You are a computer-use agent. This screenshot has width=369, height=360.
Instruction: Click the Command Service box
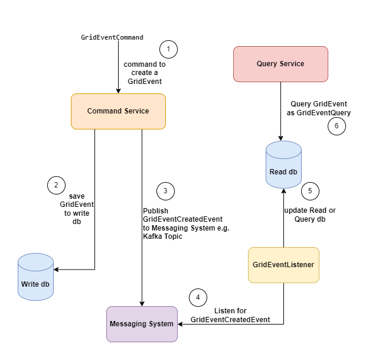click(118, 111)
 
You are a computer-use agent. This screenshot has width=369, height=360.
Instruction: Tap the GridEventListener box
click(283, 265)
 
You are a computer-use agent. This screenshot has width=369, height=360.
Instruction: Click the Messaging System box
click(142, 323)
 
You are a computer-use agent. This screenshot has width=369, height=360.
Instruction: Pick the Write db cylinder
click(35, 277)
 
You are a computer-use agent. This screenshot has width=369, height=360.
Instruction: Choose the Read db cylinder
click(283, 165)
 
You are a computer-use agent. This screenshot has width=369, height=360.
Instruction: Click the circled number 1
click(168, 49)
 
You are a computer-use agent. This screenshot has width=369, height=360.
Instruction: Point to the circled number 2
click(56, 185)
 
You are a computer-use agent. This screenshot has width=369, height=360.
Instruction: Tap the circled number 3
click(165, 191)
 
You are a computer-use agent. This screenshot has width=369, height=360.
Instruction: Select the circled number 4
click(198, 297)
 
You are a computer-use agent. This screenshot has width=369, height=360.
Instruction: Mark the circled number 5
click(310, 191)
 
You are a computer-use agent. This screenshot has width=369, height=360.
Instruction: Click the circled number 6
click(337, 126)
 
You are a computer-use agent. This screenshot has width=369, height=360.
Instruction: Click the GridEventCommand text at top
click(112, 37)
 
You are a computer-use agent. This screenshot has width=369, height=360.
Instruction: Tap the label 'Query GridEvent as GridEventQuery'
click(319, 108)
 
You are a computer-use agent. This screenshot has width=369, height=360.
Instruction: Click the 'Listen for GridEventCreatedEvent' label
click(230, 315)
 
